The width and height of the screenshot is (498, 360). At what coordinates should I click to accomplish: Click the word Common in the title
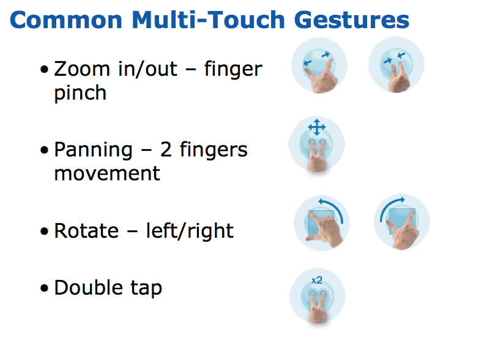pos(66,20)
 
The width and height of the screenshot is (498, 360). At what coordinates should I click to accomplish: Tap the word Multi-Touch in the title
pos(209,20)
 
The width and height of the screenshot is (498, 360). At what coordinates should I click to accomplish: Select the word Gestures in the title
pos(352,20)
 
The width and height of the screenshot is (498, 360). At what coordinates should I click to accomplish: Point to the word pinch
pos(80,94)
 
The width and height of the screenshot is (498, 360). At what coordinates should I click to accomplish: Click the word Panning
pos(93,150)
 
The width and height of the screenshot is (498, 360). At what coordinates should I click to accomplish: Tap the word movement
pos(107,174)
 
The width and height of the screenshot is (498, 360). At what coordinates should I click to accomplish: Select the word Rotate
pos(86,230)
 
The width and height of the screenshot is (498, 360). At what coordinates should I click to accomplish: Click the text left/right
pos(190,230)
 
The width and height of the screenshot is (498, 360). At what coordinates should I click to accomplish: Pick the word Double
pos(89,287)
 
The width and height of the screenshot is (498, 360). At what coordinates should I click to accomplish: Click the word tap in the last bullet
pos(146,288)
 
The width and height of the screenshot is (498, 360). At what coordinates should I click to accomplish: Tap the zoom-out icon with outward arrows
pos(319,65)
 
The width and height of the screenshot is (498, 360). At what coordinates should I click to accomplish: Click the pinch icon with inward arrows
pos(396,65)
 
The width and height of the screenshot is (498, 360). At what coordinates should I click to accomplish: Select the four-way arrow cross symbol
pos(317,127)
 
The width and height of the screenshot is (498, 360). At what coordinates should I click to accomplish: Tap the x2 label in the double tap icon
pos(317,280)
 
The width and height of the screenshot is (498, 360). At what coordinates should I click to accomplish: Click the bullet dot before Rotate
pos(45,231)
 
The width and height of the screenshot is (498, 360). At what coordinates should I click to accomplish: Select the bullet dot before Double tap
pos(45,288)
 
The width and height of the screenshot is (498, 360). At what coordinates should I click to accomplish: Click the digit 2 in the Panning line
pos(166,149)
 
